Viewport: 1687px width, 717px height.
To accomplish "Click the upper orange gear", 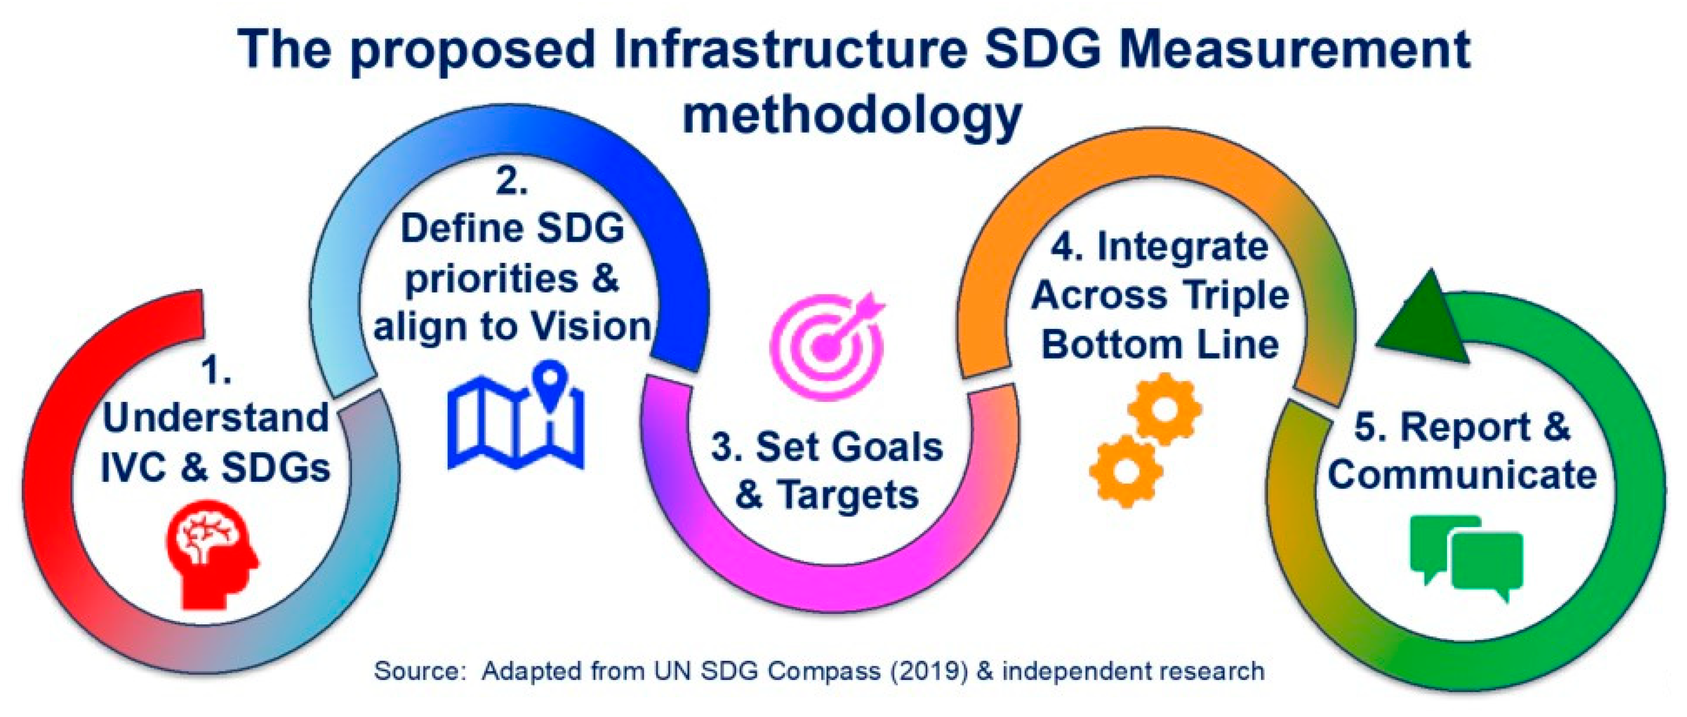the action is click(x=1164, y=409).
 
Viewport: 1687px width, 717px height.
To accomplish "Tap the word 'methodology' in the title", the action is click(x=852, y=116).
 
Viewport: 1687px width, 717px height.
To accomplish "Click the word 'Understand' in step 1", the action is click(x=215, y=418).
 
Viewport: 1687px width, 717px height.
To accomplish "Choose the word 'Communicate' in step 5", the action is click(x=1462, y=475).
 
